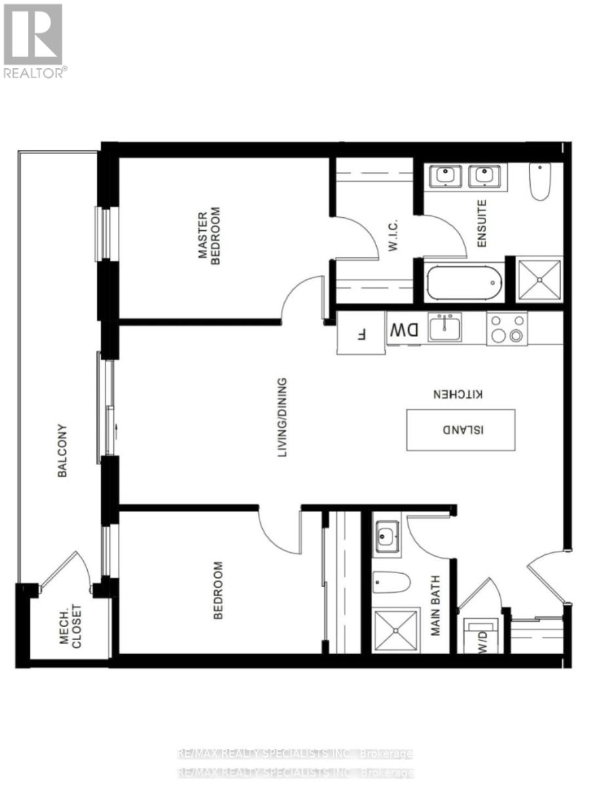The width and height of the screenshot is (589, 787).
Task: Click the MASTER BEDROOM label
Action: pyautogui.click(x=210, y=236)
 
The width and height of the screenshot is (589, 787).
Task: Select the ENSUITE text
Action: pyautogui.click(x=482, y=223)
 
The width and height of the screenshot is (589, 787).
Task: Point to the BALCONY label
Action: pyautogui.click(x=62, y=451)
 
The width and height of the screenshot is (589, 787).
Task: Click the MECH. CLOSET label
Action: pyautogui.click(x=71, y=626)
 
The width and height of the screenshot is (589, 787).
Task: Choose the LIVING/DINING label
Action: pyautogui.click(x=282, y=417)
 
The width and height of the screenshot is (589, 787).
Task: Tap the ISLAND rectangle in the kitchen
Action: pyautogui.click(x=461, y=430)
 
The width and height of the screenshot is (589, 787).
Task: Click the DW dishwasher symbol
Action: pyautogui.click(x=404, y=329)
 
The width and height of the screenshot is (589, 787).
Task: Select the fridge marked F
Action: pyautogui.click(x=361, y=333)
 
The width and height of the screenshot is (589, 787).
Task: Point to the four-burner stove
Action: pyautogui.click(x=507, y=329)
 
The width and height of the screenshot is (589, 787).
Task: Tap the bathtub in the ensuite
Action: pyautogui.click(x=465, y=283)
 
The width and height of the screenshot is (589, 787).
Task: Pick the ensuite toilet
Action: pyautogui.click(x=539, y=182)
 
